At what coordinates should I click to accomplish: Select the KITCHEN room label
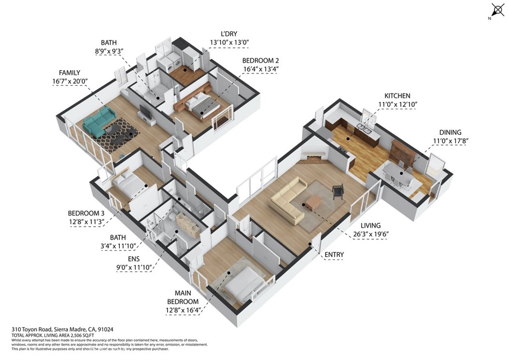point(397,95)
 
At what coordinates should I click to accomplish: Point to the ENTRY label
point(334,255)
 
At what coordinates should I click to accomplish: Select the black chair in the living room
point(338,191)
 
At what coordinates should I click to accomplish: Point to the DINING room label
point(450,132)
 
